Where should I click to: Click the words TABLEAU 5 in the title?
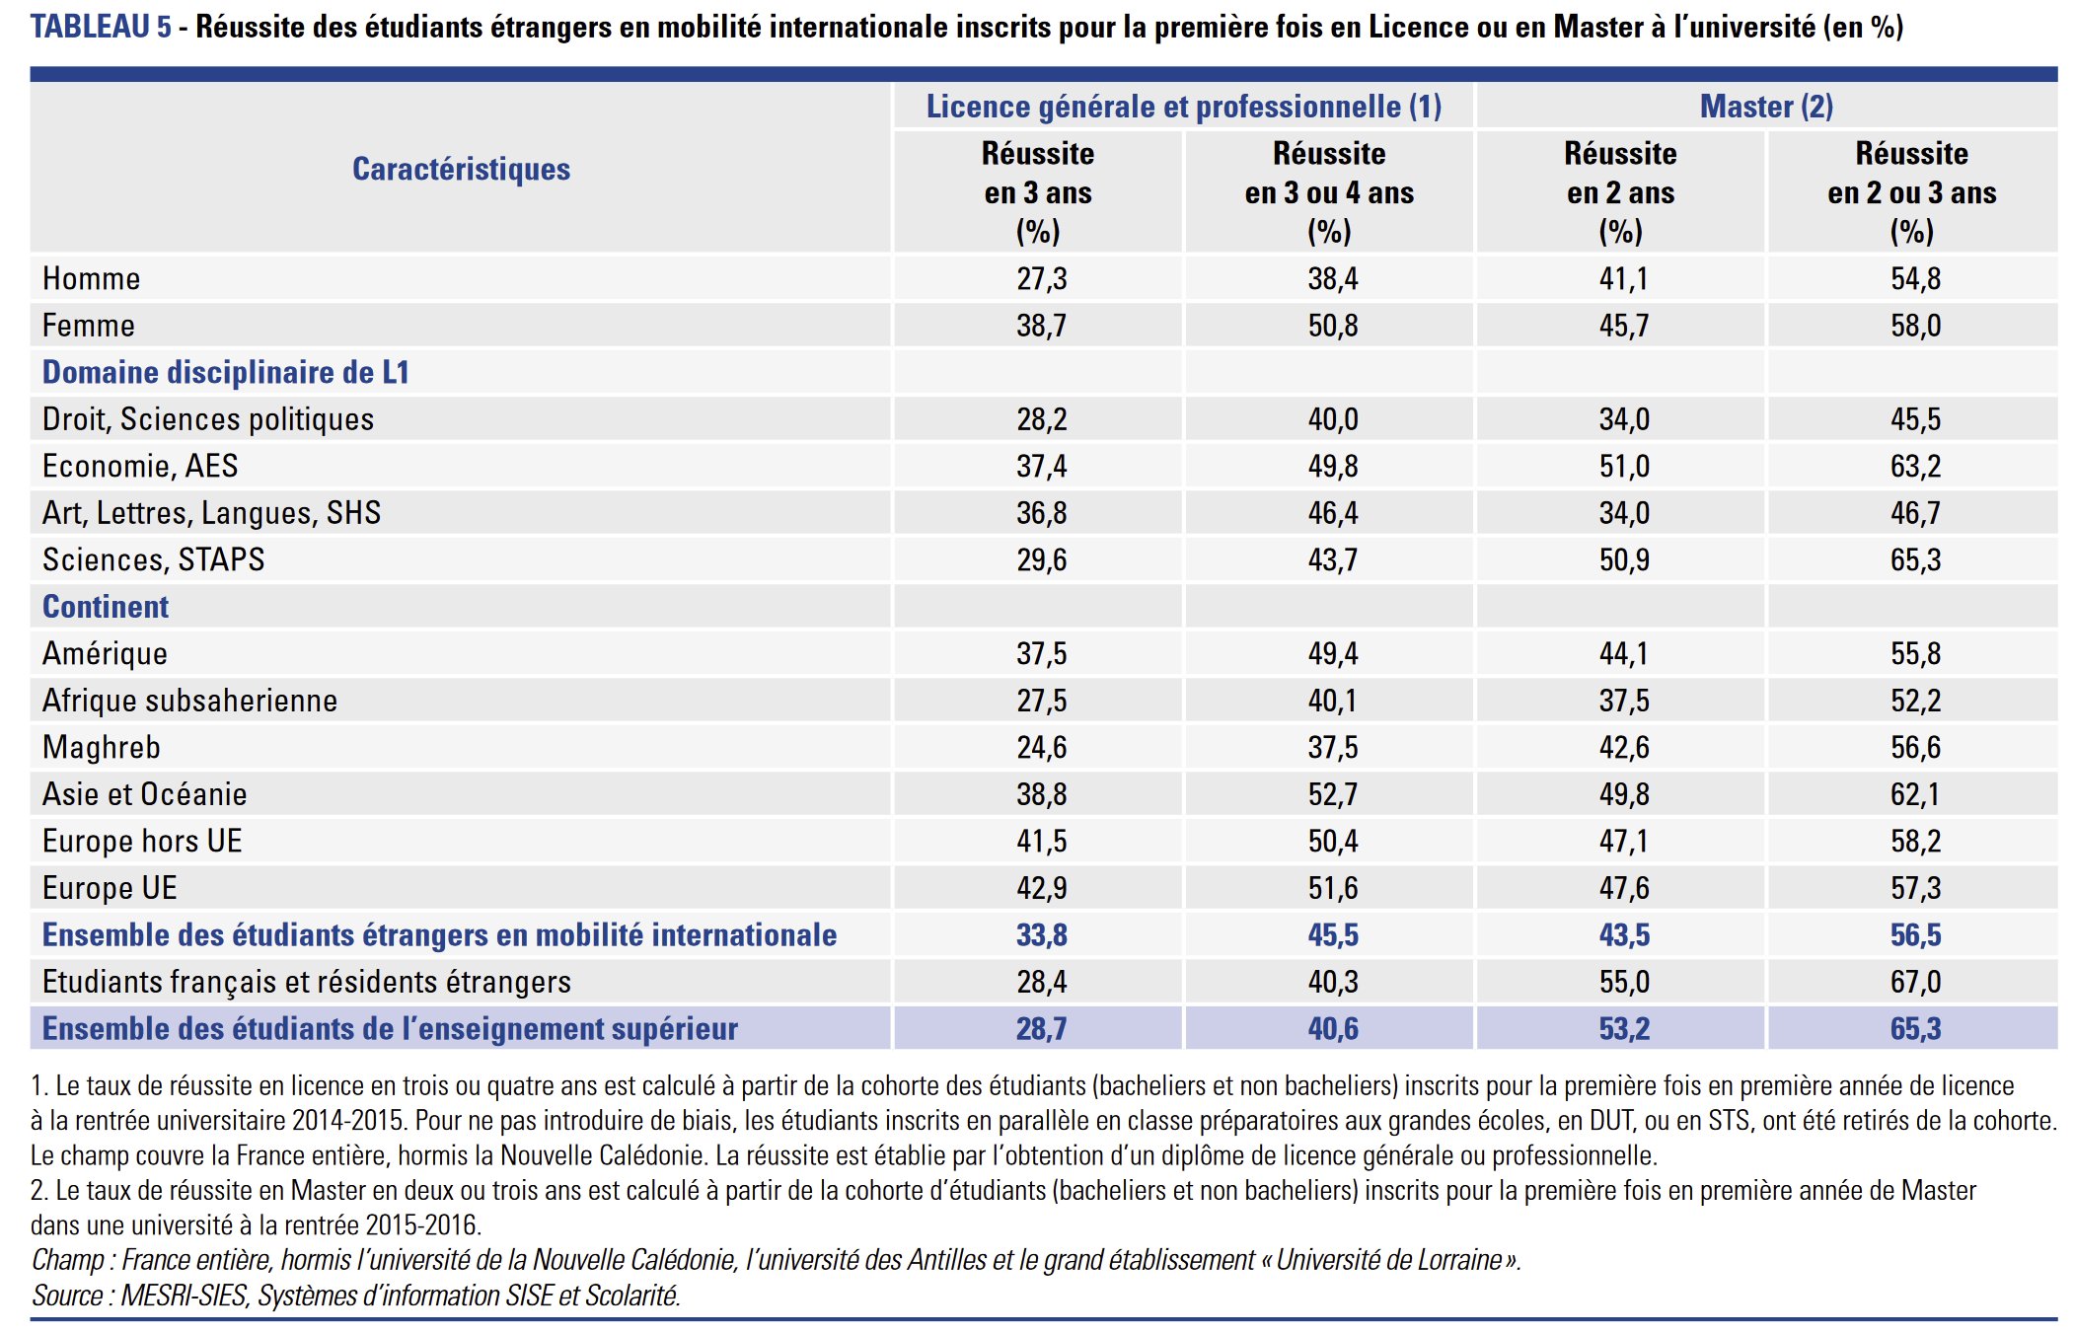(x=101, y=27)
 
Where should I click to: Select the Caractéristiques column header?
(x=461, y=169)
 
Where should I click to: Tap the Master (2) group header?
(x=1766, y=106)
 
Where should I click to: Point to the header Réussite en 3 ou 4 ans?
(x=1329, y=191)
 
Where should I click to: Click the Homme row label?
(x=91, y=278)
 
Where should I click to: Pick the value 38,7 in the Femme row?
(x=1041, y=326)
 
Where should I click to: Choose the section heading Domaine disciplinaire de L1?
(x=225, y=372)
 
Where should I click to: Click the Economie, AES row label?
(x=140, y=466)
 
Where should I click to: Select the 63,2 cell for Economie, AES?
(x=1915, y=466)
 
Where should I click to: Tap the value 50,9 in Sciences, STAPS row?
(x=1624, y=559)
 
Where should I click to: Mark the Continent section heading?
(x=106, y=607)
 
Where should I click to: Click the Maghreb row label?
(x=101, y=747)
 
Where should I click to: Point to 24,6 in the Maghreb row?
(x=1041, y=747)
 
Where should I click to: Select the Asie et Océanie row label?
(x=144, y=794)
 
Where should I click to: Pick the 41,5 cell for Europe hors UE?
(x=1041, y=841)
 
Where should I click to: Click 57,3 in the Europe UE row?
(x=1915, y=888)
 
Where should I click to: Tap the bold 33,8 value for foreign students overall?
(x=1041, y=934)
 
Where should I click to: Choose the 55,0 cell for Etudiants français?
(x=1624, y=982)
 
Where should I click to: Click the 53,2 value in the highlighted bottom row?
(x=1624, y=1028)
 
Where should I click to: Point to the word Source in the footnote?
(x=67, y=1295)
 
